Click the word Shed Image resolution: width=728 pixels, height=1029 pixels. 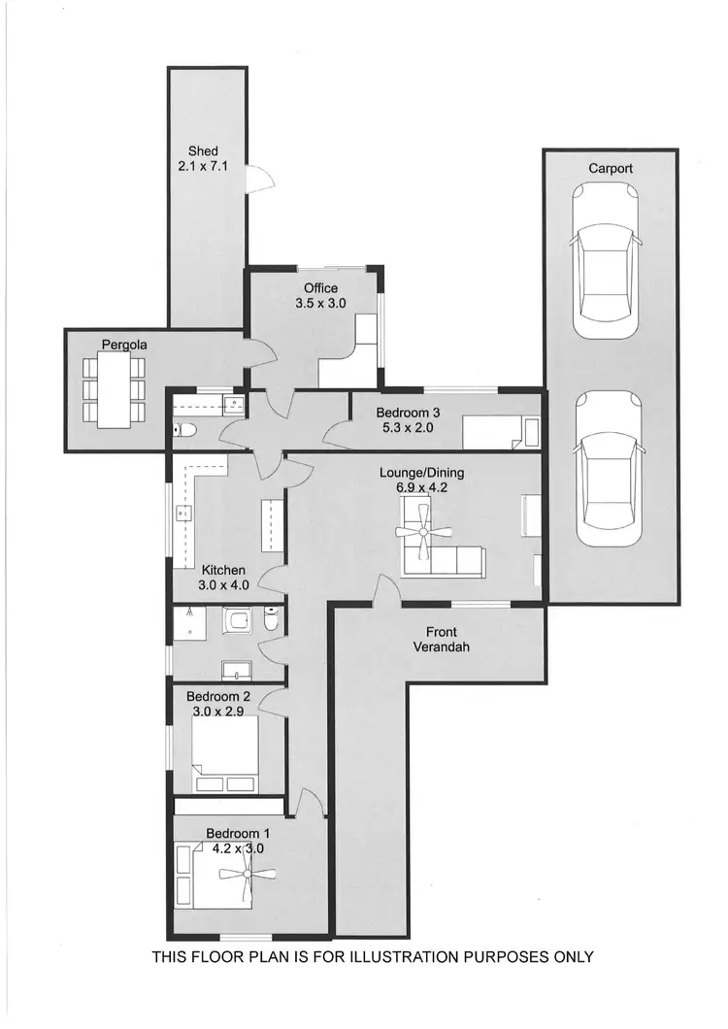[x=203, y=151]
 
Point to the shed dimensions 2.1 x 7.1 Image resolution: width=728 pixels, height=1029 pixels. [x=203, y=167]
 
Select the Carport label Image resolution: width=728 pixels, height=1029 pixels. [x=611, y=168]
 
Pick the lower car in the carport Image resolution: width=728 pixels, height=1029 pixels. [x=608, y=470]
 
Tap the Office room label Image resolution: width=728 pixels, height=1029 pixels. [x=320, y=288]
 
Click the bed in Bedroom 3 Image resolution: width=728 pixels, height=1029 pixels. [x=499, y=431]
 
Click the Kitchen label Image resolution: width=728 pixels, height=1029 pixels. [x=223, y=570]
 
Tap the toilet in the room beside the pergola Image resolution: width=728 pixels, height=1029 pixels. [x=187, y=429]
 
